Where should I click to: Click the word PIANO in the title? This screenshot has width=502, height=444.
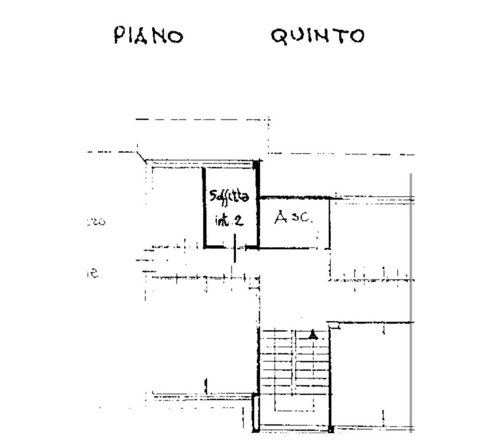point(149,36)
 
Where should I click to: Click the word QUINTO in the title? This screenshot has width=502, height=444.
point(318,36)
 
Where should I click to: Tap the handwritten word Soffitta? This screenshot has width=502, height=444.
point(229,197)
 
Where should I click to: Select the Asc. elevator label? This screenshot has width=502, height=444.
point(293,217)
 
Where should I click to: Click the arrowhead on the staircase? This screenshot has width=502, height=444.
point(313,335)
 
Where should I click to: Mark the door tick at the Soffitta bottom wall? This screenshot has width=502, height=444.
point(235,248)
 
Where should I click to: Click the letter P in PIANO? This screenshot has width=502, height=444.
point(119,35)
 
